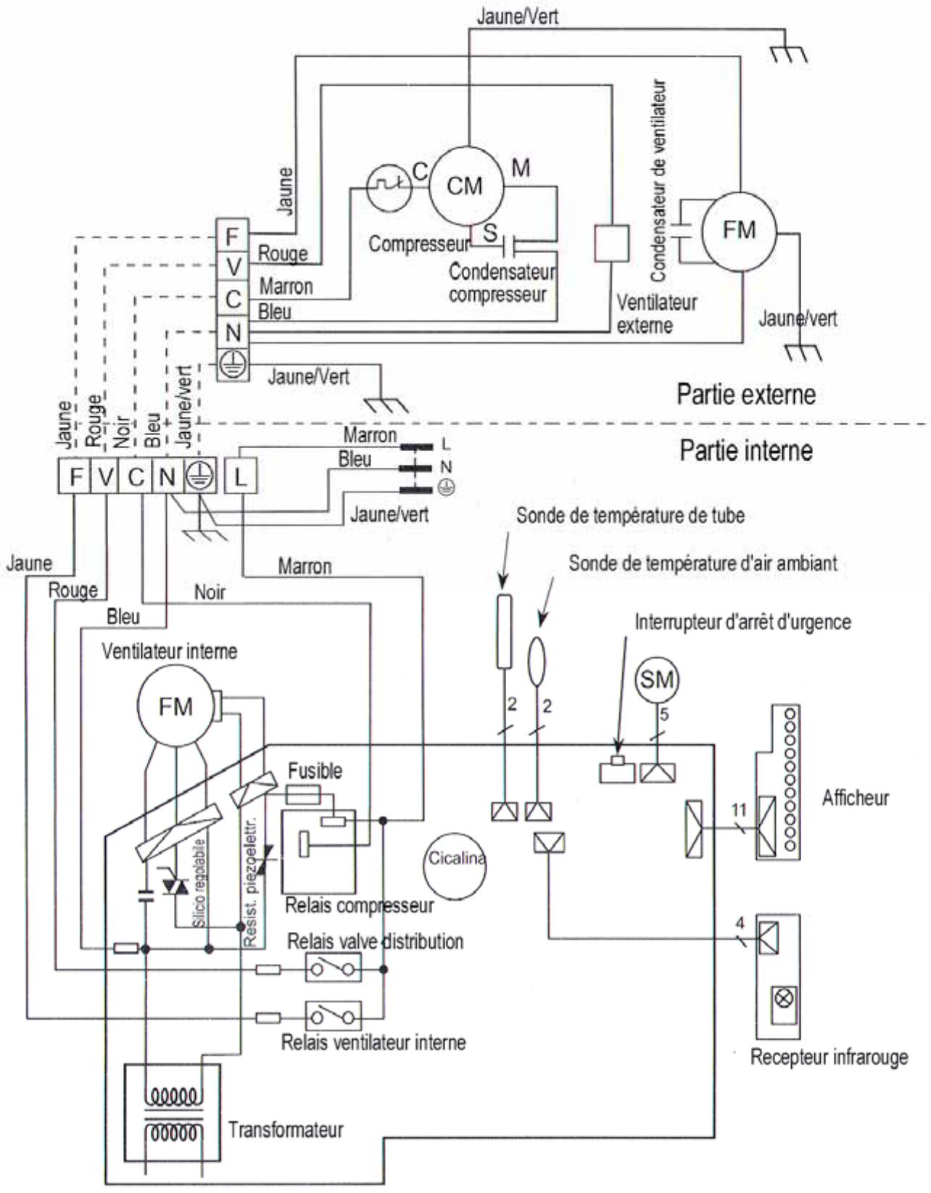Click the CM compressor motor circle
click(x=465, y=186)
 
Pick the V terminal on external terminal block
click(x=233, y=266)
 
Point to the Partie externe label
click(x=746, y=394)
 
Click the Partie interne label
click(x=746, y=450)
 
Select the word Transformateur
click(x=286, y=1129)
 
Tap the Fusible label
click(x=315, y=770)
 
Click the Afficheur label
click(x=855, y=798)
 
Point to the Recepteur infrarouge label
click(x=829, y=1057)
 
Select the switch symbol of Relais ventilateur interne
click(x=334, y=1017)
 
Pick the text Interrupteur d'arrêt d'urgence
click(x=742, y=622)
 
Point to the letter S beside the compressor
click(x=491, y=234)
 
